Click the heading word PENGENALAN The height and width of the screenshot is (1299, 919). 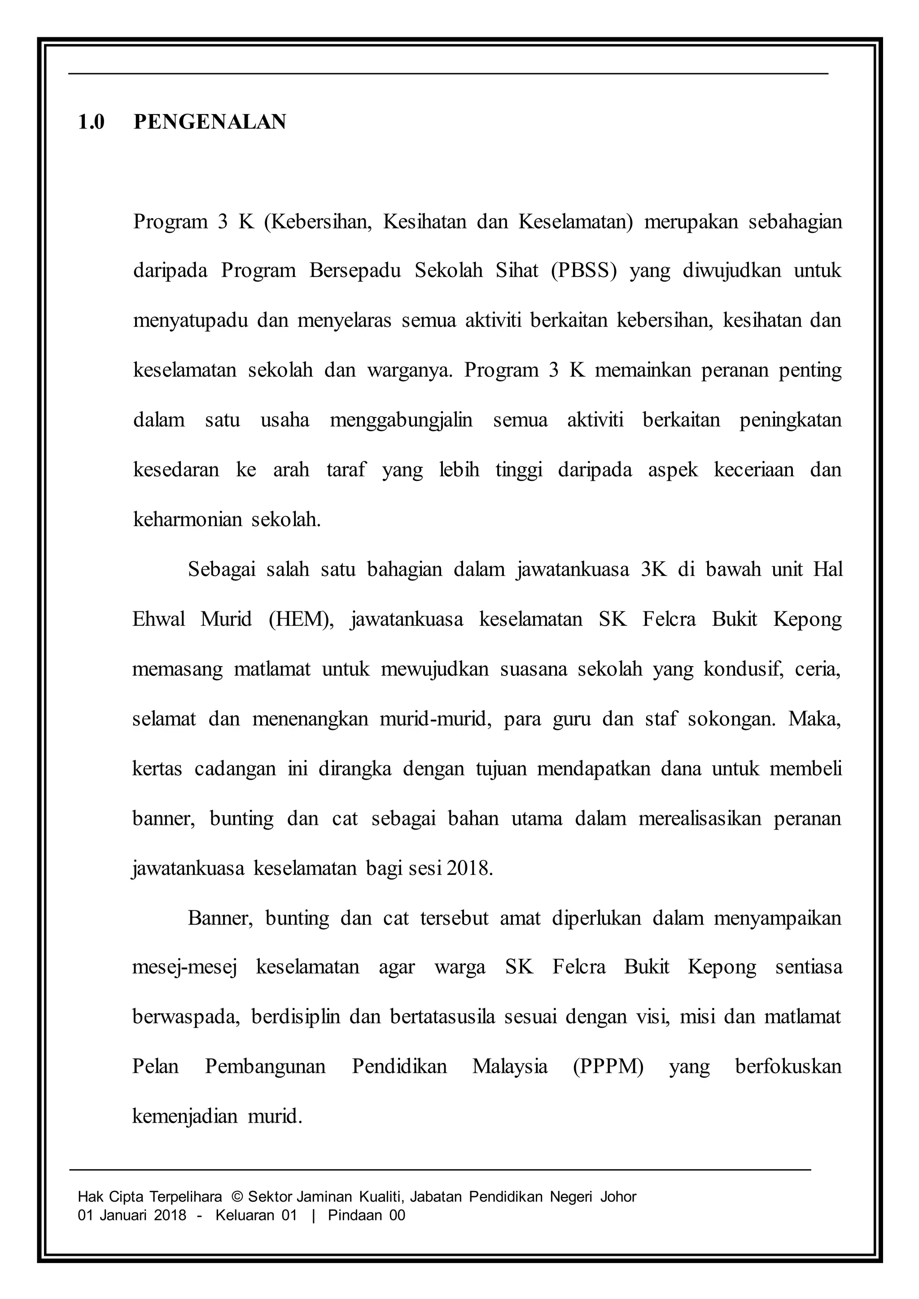click(210, 122)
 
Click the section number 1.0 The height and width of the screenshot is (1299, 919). click(91, 122)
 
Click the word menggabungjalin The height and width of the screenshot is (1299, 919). click(401, 420)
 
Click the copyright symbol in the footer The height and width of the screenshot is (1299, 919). click(237, 1197)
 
